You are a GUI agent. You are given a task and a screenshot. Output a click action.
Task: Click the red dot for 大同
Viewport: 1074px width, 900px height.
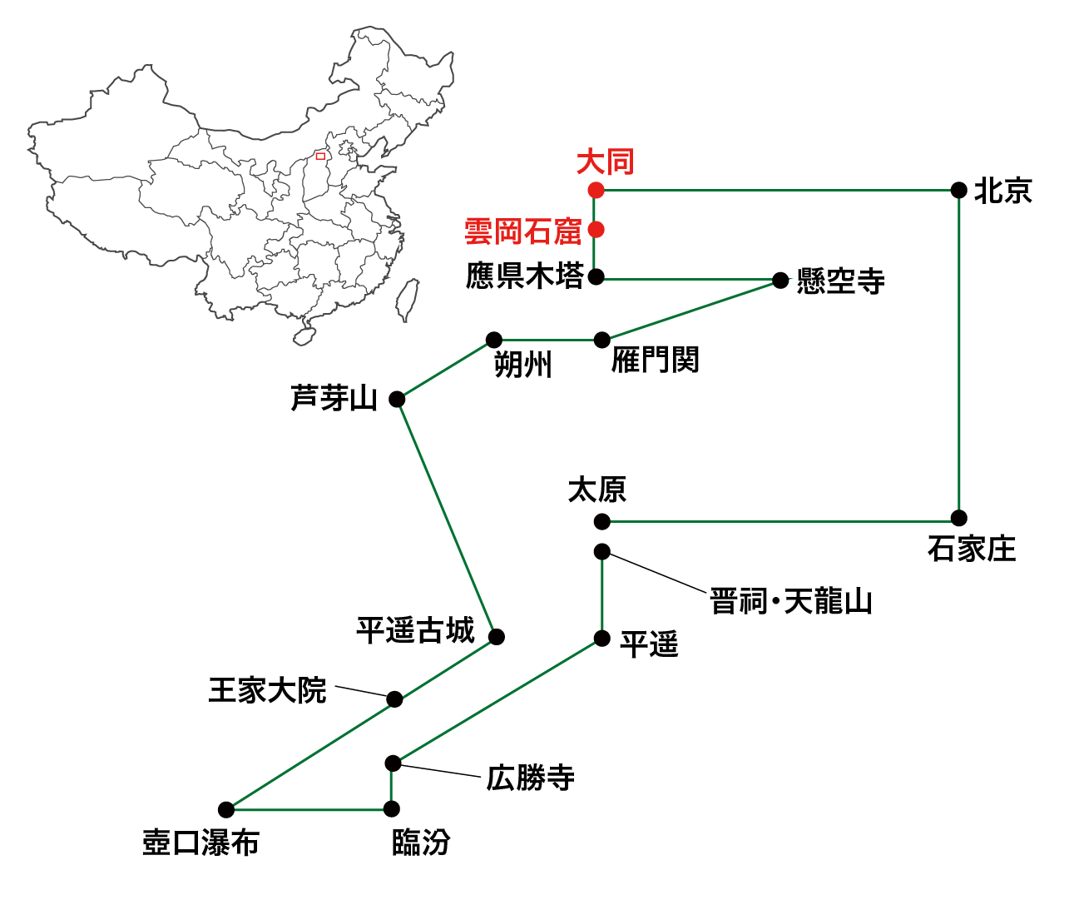(596, 191)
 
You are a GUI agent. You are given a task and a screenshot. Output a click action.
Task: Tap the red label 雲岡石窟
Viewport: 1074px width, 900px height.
(522, 231)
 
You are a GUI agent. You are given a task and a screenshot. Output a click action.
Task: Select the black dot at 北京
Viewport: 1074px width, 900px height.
(958, 191)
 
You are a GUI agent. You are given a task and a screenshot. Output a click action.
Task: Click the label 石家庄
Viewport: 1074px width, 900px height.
(972, 549)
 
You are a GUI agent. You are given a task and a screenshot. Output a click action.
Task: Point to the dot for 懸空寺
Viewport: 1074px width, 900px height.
(780, 281)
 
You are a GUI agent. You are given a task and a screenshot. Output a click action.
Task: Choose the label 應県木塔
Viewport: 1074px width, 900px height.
(524, 276)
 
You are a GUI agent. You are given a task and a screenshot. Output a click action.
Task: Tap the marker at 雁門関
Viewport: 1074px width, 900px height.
(601, 340)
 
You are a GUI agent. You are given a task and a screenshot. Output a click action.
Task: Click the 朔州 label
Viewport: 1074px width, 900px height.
(523, 365)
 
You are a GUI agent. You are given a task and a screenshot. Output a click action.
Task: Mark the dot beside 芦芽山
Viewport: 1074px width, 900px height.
(398, 400)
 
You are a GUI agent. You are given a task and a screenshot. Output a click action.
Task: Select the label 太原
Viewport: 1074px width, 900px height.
(596, 490)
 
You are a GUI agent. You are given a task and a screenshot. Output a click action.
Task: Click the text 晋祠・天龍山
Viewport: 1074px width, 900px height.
(790, 601)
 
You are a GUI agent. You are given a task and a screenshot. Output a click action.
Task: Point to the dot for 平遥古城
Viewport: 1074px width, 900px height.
(497, 637)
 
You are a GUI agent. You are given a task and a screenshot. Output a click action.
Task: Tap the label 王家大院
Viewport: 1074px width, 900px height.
(267, 690)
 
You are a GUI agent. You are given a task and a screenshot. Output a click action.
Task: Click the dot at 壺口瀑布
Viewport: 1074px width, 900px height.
(226, 809)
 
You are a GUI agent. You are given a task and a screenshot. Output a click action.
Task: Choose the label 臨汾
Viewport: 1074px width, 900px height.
(421, 843)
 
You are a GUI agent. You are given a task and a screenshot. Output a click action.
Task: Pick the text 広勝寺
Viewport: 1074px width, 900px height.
(531, 778)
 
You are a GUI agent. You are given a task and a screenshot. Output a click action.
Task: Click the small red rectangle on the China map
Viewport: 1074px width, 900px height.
(320, 156)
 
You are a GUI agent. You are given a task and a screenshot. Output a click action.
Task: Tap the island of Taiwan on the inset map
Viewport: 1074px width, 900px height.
(407, 300)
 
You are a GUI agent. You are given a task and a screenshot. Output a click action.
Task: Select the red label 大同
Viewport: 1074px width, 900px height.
(606, 162)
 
